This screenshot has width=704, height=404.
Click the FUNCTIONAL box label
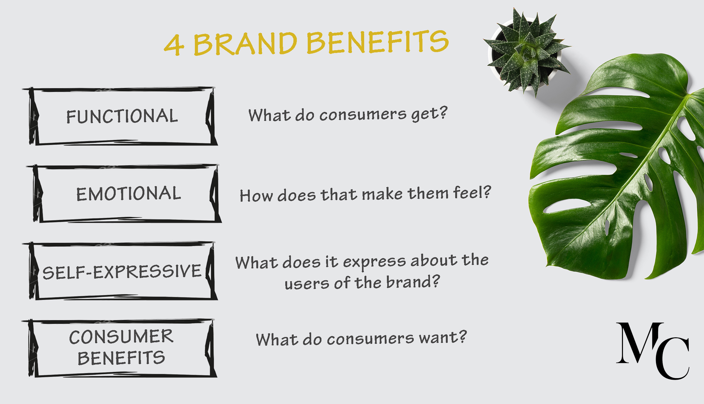click(122, 116)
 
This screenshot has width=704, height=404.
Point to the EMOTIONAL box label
click(128, 194)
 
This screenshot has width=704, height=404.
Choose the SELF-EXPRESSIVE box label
click(122, 271)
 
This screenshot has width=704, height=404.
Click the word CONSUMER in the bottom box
click(121, 337)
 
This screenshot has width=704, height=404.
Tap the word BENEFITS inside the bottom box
click(121, 358)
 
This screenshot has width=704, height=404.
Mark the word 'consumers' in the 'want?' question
click(370, 339)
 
